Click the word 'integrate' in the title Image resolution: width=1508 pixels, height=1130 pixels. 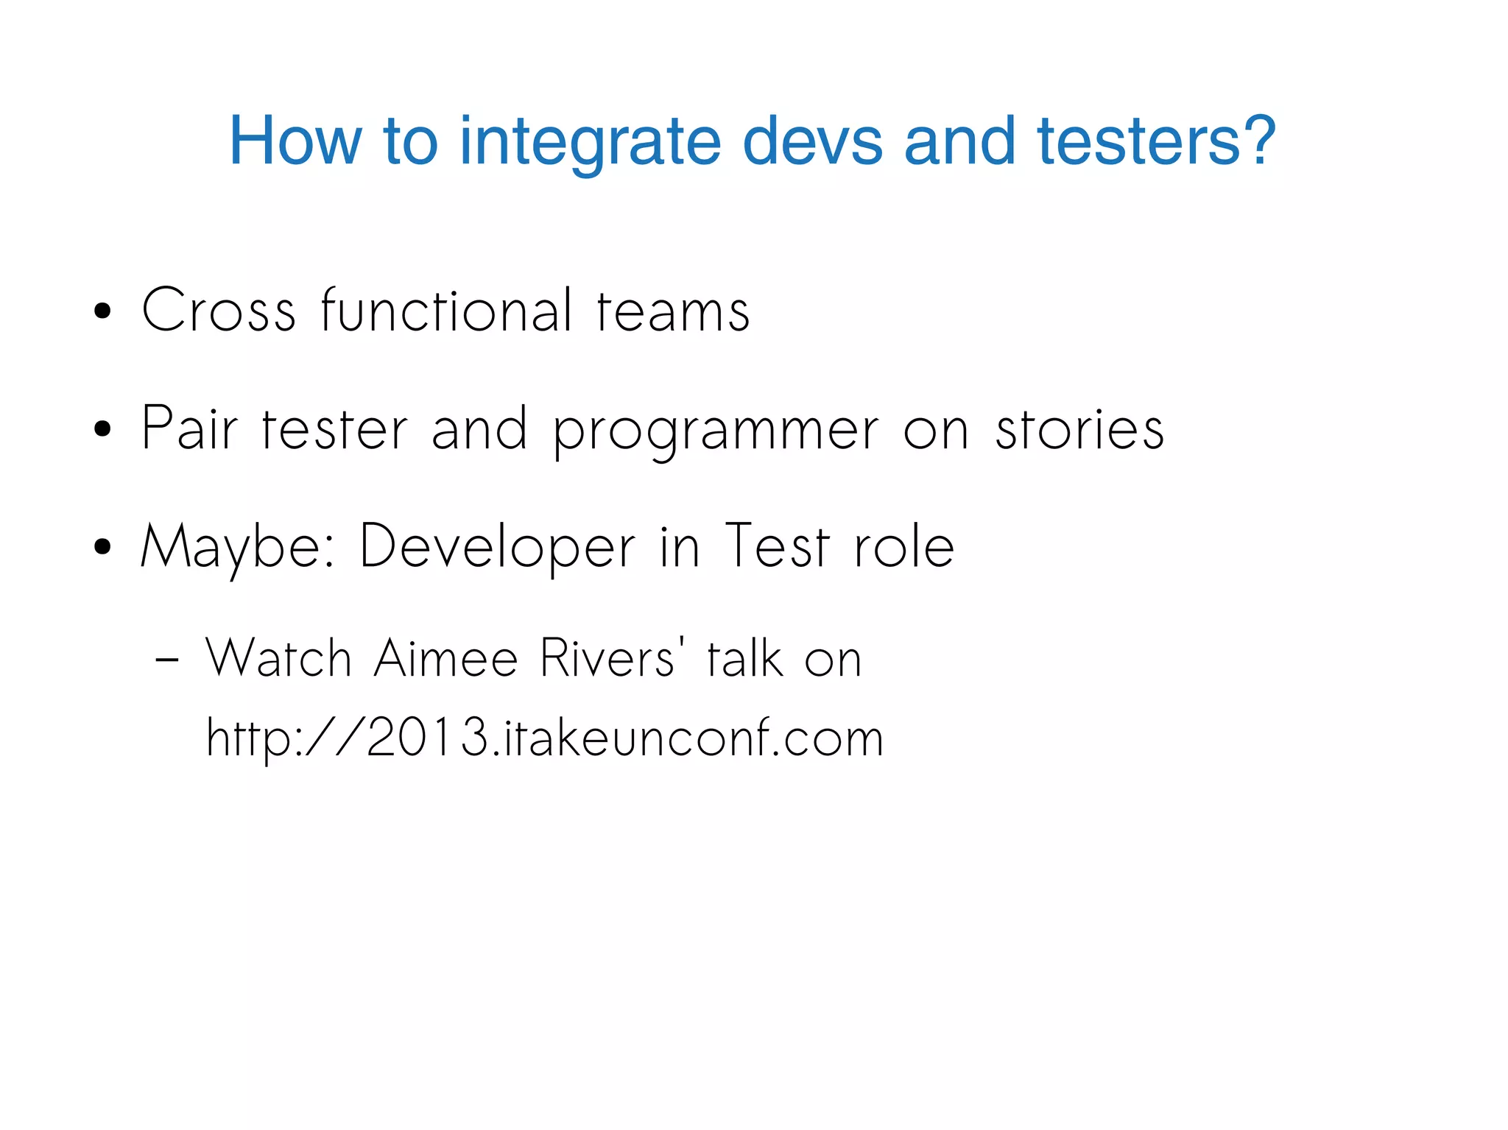pyautogui.click(x=589, y=141)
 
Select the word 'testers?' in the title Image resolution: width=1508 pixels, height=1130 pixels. pyautogui.click(x=1156, y=141)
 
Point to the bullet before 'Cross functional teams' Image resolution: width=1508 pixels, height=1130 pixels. pyautogui.click(x=103, y=311)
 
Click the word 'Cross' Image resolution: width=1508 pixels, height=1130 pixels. pyautogui.click(x=219, y=311)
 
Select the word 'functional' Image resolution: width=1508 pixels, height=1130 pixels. pyautogui.click(x=446, y=311)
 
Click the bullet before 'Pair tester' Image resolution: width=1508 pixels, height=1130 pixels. pyautogui.click(x=103, y=429)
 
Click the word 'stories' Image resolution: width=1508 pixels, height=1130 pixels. pyautogui.click(x=1079, y=429)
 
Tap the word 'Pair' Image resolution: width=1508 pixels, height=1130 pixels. pyautogui.click(x=189, y=428)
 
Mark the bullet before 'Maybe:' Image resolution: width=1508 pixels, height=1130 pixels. pyautogui.click(x=103, y=547)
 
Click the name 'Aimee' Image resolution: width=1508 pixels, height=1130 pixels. pyautogui.click(x=446, y=658)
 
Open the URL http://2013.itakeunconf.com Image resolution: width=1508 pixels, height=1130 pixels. pyautogui.click(x=544, y=738)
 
